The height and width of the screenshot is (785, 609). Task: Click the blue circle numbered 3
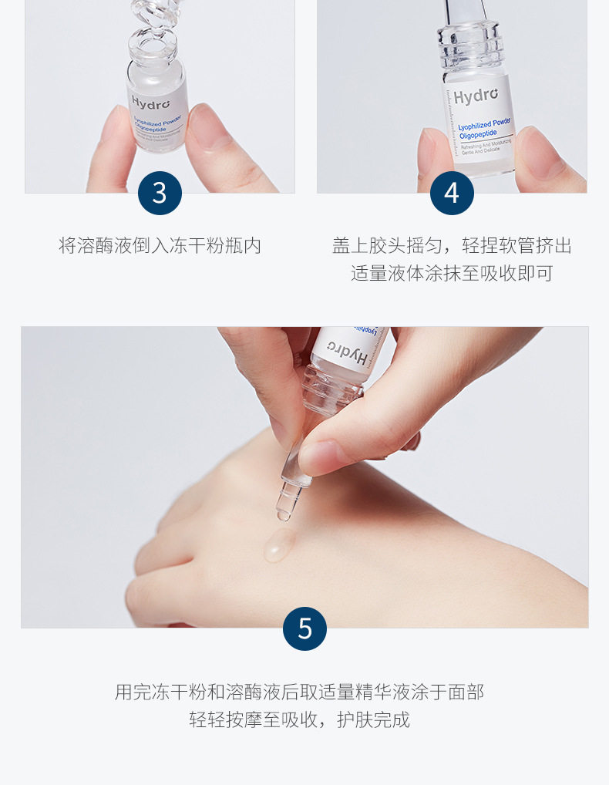click(160, 193)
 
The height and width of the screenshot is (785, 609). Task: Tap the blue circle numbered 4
click(452, 193)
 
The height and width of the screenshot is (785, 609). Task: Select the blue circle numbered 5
click(304, 628)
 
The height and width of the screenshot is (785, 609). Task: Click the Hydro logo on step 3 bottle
click(148, 102)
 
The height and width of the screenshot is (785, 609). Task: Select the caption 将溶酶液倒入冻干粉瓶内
click(160, 246)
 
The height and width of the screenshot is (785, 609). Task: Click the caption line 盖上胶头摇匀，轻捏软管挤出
click(452, 246)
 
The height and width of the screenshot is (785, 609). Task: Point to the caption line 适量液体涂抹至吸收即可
click(452, 273)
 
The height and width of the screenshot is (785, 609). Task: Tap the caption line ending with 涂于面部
click(299, 692)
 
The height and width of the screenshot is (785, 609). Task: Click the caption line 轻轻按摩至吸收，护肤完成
click(299, 719)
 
